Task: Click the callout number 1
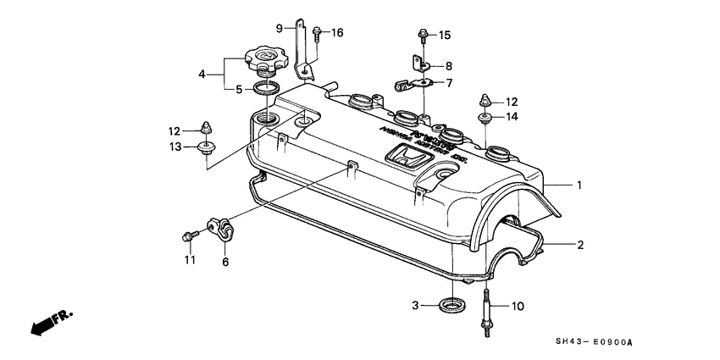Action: (580, 185)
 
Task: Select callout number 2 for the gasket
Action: (580, 246)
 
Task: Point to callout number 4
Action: (202, 75)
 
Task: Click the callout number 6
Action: (225, 263)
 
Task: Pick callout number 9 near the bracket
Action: (279, 28)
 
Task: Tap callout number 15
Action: (444, 35)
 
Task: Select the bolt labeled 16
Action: (316, 34)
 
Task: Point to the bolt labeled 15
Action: (422, 35)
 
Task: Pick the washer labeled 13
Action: (205, 149)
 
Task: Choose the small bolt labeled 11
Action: (188, 235)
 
